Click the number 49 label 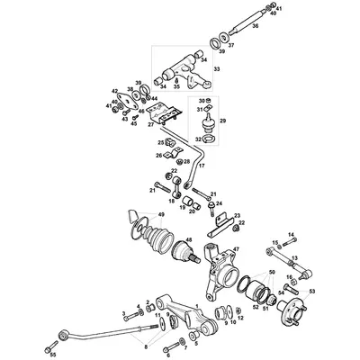161,214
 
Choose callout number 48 188,239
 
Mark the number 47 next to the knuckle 237,248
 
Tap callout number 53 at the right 312,292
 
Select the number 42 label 115,90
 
